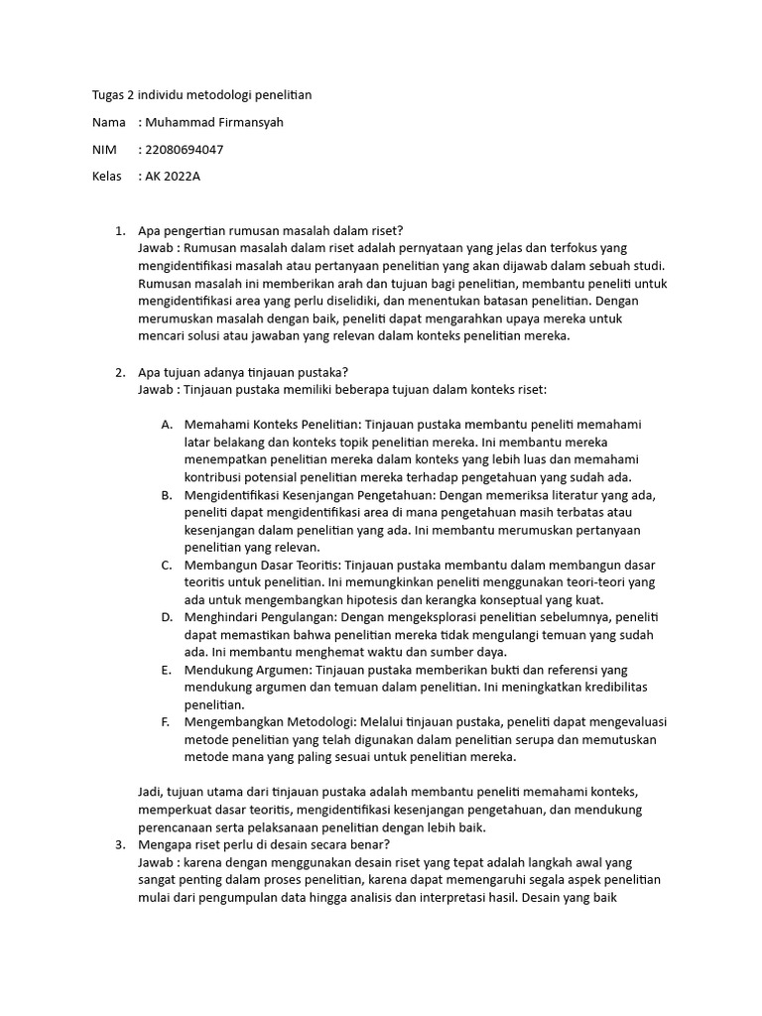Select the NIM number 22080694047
point(184,150)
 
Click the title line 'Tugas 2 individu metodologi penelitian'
point(195,95)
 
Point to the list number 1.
point(119,231)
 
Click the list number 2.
point(119,373)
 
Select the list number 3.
point(119,844)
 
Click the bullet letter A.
point(166,424)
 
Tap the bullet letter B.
point(166,495)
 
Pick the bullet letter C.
point(166,565)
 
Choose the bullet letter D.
point(166,616)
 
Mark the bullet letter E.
point(166,670)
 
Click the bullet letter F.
point(166,722)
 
